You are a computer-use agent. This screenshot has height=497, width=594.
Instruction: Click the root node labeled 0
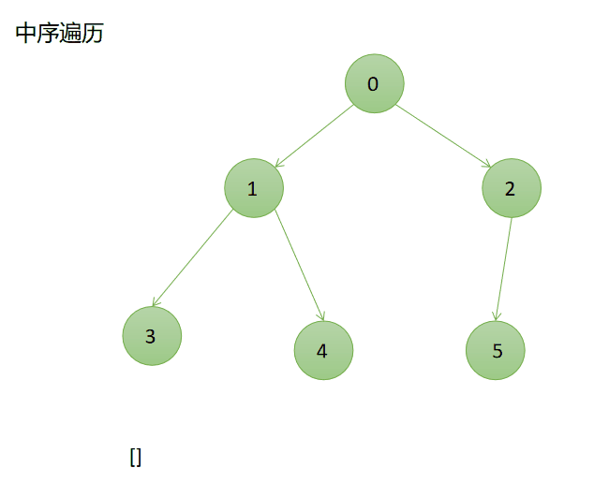tap(374, 84)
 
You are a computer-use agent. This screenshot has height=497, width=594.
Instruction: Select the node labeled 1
tap(253, 189)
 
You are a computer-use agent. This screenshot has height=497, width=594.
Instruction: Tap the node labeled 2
tap(511, 189)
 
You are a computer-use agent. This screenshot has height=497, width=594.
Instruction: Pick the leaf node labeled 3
tap(151, 336)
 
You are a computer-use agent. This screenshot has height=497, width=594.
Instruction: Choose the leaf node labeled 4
tap(323, 351)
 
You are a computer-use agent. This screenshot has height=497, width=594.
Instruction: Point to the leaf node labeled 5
tap(496, 351)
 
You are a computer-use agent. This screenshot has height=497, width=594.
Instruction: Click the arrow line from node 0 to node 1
tap(314, 136)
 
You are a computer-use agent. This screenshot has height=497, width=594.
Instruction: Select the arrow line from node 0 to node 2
tap(443, 137)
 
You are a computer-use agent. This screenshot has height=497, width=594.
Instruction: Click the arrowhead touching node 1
tap(277, 164)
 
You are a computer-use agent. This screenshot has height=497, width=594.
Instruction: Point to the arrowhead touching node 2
tap(487, 166)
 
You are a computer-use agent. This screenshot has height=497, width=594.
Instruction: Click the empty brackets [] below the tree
tap(135, 457)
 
